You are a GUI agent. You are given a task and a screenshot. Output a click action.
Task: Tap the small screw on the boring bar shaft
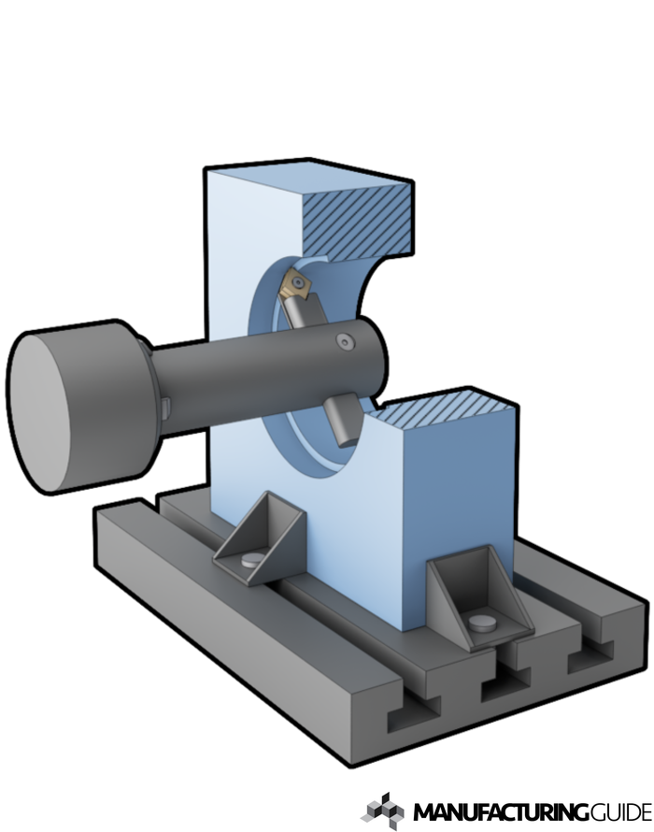coord(346,342)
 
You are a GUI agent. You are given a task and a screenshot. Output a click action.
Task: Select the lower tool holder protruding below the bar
coord(342,419)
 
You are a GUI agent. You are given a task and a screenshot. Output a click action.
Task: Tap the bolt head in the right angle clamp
coord(482,623)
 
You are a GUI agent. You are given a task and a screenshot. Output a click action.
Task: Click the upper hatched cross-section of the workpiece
coord(357,222)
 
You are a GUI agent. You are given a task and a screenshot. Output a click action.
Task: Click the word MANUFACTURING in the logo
coord(501,812)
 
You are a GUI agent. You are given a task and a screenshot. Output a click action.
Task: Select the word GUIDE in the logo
coord(620,812)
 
